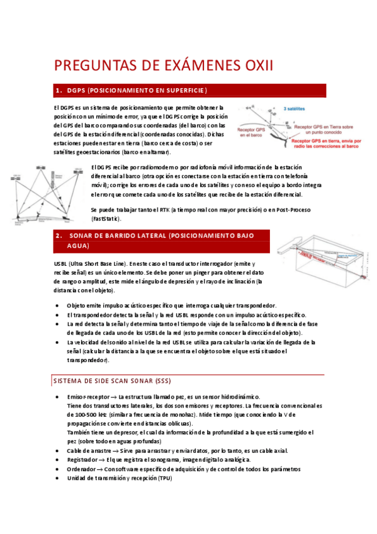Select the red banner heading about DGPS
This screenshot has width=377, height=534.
click(x=189, y=91)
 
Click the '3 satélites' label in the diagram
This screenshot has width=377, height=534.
click(x=296, y=108)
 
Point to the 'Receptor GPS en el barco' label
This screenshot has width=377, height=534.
click(x=252, y=131)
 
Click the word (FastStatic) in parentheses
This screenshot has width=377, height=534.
click(x=109, y=219)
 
